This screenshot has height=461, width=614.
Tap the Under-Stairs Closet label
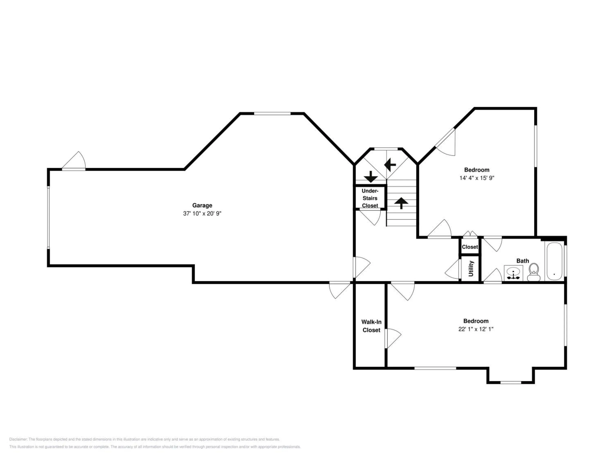coord(370,198)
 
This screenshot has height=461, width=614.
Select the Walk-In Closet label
coord(371,326)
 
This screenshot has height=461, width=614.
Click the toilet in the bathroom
coord(534,272)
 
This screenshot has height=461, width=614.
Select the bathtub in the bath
coord(554,261)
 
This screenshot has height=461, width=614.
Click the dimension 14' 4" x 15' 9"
coord(477,178)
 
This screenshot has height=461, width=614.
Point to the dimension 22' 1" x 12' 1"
coord(476,329)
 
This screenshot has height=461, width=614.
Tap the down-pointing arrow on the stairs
coord(371,177)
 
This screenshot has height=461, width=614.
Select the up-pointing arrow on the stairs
coord(401,203)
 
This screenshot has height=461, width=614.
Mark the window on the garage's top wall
coord(272,113)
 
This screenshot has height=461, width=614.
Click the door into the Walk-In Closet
coord(393,338)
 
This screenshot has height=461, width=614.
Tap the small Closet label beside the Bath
coord(470,247)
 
